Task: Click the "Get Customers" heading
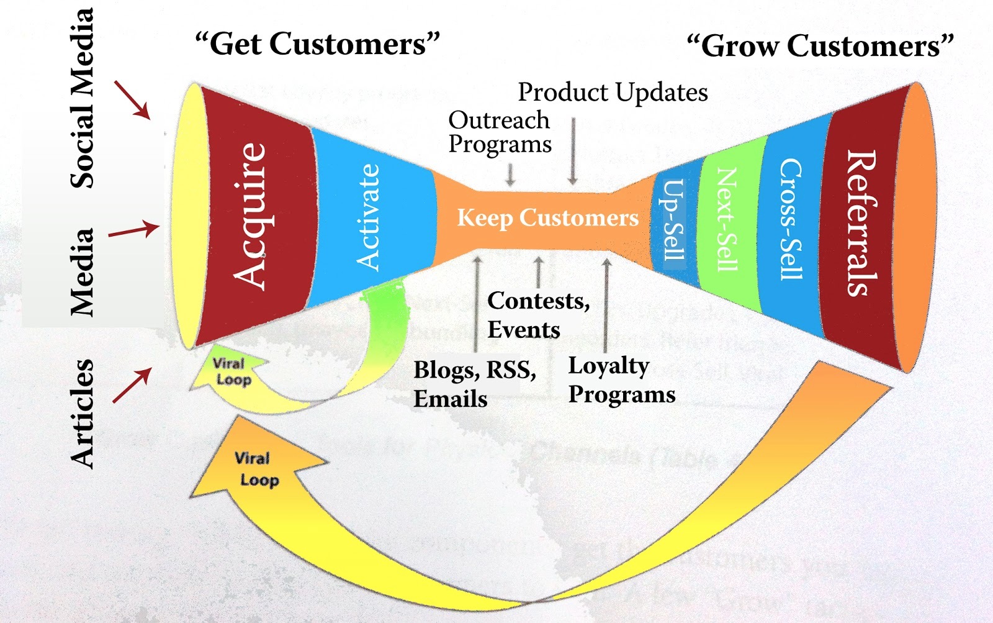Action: click(317, 45)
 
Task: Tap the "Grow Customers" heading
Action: click(820, 47)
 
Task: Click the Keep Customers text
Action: click(547, 218)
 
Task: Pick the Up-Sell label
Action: click(674, 221)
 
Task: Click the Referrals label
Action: click(862, 222)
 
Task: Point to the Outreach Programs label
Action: click(500, 132)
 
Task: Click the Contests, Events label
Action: click(538, 315)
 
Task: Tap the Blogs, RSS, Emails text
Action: click(475, 384)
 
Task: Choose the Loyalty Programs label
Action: click(621, 380)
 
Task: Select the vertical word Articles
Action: click(82, 413)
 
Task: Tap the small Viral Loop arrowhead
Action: click(228, 372)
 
